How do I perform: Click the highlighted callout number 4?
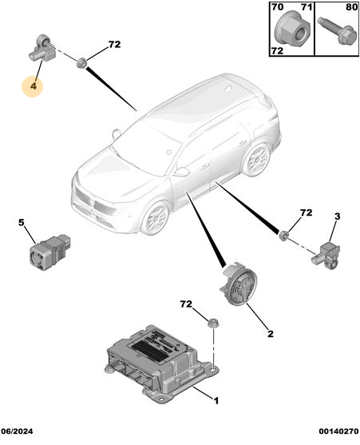tap(34, 86)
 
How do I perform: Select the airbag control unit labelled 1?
tap(162, 363)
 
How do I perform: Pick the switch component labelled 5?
tap(49, 252)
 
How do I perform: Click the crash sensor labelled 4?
tap(42, 47)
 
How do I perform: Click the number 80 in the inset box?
tap(351, 7)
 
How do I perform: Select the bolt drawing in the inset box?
tap(337, 30)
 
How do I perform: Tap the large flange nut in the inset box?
tap(292, 29)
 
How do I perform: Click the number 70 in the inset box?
tap(277, 7)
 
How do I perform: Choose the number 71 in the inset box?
tap(307, 7)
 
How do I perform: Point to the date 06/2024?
tap(17, 431)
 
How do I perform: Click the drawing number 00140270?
tap(338, 431)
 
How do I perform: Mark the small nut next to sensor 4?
tap(81, 62)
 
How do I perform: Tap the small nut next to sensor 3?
tap(283, 235)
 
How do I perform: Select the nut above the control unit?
tap(212, 323)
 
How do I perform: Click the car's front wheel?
tap(156, 217)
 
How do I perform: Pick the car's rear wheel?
tap(256, 160)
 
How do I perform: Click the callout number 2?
tap(271, 334)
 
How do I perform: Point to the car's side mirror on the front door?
tap(182, 172)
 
